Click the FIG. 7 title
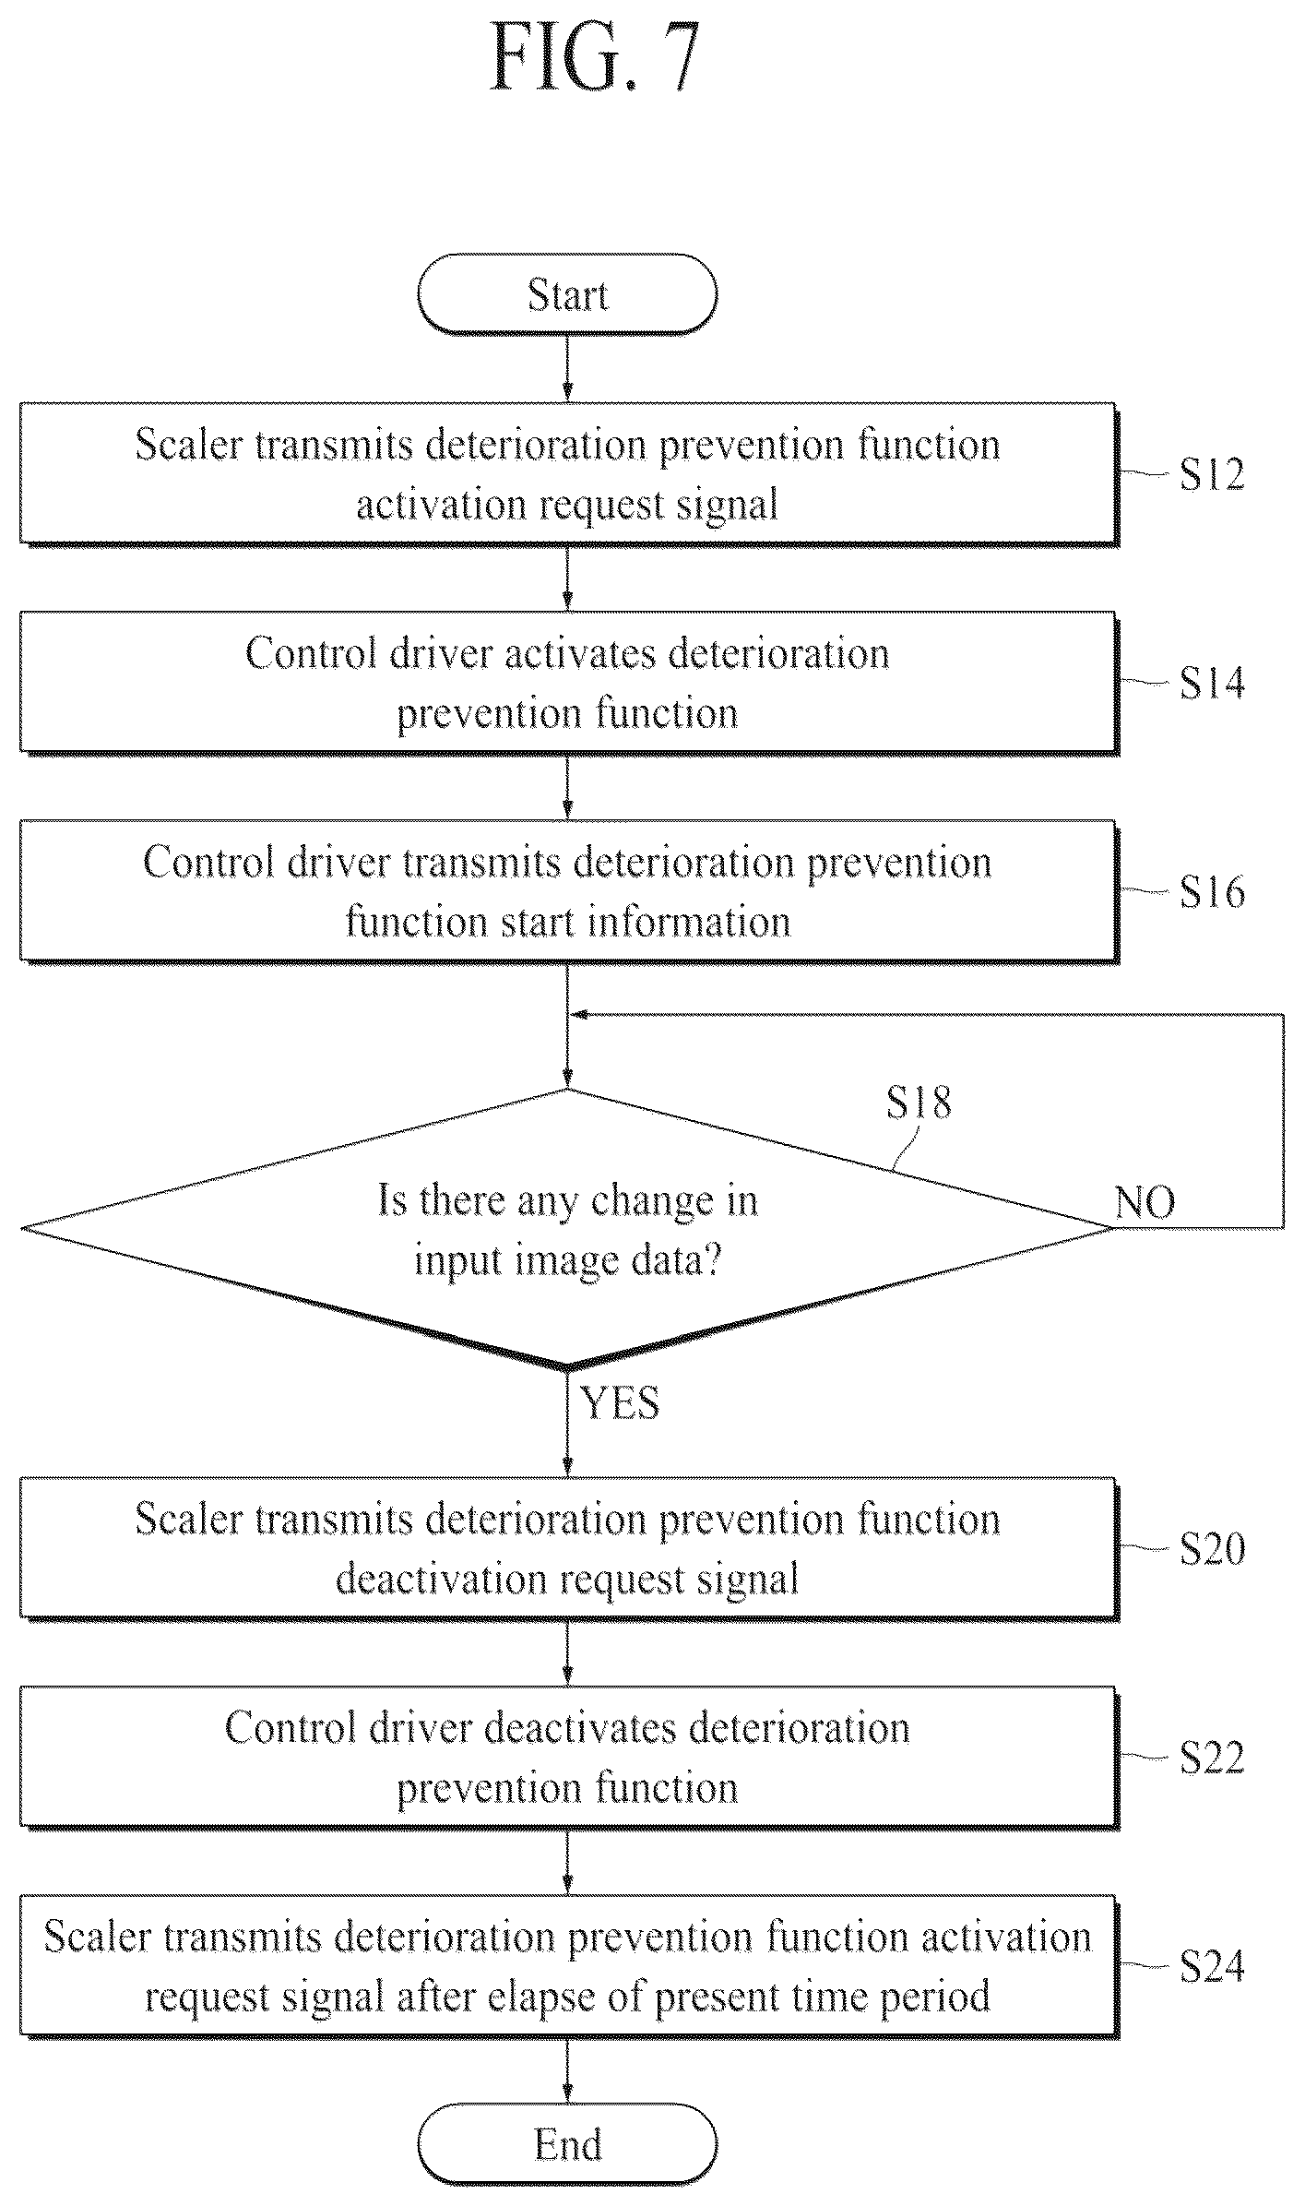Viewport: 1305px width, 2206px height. coord(595,57)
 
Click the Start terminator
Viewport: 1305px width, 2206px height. coord(567,294)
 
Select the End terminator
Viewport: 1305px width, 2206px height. coord(567,2144)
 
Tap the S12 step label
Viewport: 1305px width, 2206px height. coord(1212,474)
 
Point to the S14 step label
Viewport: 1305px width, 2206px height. coord(1212,683)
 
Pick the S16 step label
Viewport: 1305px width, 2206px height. coord(1212,892)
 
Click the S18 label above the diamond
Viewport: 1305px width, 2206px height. coord(919,1102)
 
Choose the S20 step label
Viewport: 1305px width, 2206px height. coord(1212,1548)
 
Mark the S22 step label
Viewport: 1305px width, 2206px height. coord(1212,1758)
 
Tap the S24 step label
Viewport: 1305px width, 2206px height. coord(1212,1966)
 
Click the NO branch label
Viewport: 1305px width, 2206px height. coord(1145,1202)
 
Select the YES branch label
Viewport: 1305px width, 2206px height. coord(621,1403)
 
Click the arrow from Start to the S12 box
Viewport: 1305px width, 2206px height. coord(567,368)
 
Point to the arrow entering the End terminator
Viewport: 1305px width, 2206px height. coord(567,2069)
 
